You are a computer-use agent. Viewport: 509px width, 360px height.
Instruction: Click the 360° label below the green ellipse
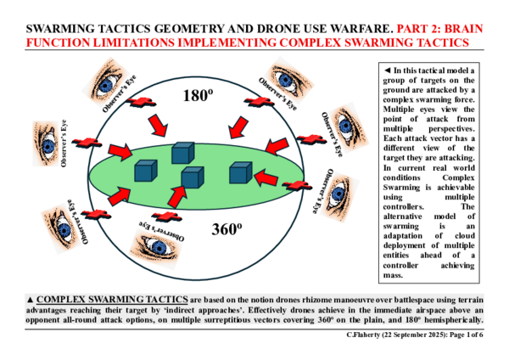[x=228, y=228]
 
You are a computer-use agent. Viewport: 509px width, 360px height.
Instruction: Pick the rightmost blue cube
[x=240, y=172]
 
